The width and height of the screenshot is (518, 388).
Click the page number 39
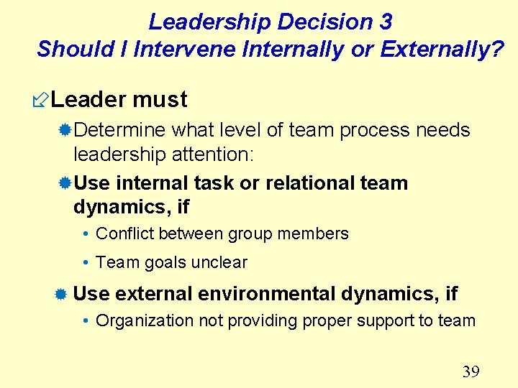tap(471, 371)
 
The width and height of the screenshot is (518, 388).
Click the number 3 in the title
tap(385, 22)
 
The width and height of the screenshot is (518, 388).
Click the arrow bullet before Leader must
tap(42, 100)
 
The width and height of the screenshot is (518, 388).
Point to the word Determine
tap(120, 130)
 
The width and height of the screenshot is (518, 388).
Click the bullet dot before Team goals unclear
tap(86, 263)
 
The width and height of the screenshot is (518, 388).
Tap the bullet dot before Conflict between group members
tap(86, 234)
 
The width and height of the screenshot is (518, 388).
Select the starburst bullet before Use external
tap(62, 294)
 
